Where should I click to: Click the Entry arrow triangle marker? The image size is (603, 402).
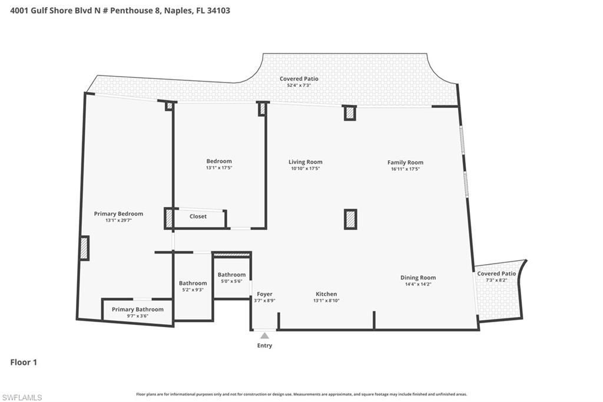pos(264,335)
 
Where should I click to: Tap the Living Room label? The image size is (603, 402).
pos(305,162)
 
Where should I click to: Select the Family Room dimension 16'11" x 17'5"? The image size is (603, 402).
pos(405,169)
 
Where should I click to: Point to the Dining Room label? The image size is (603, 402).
pos(418,278)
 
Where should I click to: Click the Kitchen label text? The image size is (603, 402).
pos(326,294)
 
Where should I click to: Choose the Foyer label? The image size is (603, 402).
pos(264,294)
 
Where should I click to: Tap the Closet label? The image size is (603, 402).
pos(198,216)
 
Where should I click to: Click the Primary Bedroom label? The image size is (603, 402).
pos(118,214)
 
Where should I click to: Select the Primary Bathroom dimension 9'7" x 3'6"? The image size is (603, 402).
pos(138,316)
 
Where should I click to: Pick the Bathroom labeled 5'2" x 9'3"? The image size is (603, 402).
pos(193,284)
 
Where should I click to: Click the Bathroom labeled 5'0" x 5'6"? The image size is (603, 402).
pos(231,275)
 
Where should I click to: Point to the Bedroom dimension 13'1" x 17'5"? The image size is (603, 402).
pos(218,168)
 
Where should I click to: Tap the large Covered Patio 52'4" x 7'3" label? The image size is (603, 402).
pos(299,79)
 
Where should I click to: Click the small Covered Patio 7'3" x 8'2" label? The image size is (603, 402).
pos(496,274)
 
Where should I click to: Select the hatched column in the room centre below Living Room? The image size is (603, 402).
pos(350,219)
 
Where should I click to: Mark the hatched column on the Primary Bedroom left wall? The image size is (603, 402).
pos(84,248)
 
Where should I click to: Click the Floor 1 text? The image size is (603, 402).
pos(24,363)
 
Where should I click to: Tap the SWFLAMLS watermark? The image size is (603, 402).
pos(22,397)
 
